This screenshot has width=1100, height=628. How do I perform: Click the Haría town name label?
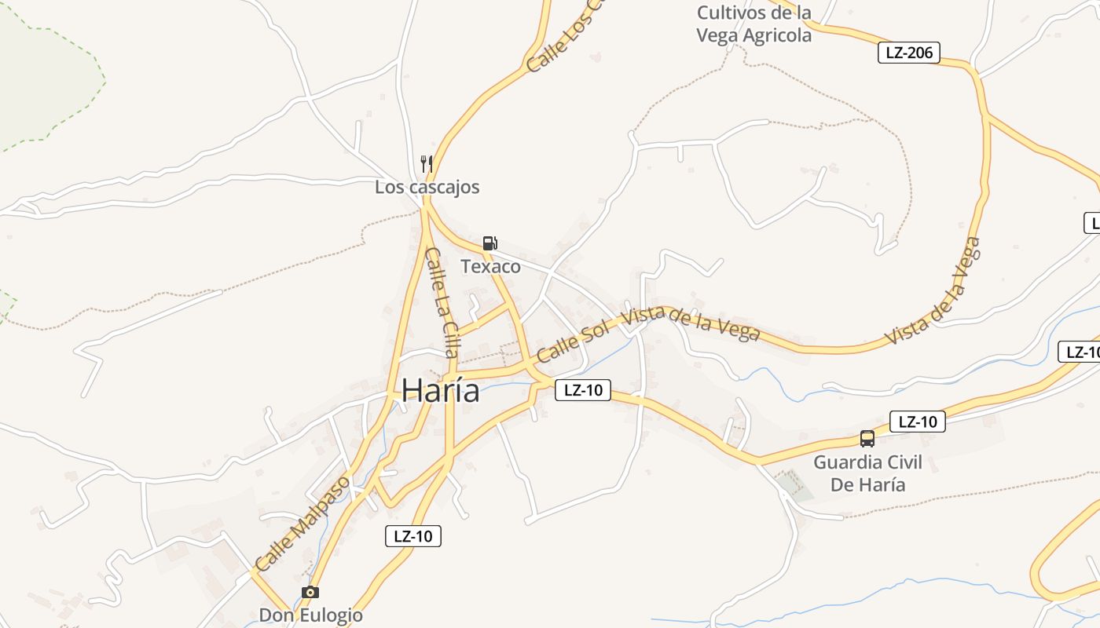click(441, 391)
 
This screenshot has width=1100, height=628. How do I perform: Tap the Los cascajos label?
click(427, 188)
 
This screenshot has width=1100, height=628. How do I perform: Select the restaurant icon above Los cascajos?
click(427, 164)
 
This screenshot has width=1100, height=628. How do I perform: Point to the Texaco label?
click(490, 267)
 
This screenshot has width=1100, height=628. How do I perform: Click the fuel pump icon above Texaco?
click(489, 243)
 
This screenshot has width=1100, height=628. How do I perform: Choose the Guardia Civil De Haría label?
click(867, 473)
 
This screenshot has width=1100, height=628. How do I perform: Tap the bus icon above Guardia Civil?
click(867, 439)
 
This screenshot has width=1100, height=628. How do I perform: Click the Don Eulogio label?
click(311, 615)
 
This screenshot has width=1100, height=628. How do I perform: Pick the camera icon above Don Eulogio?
click(310, 592)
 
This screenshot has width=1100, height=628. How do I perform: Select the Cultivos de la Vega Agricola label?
click(754, 24)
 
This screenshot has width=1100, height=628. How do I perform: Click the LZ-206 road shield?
click(908, 53)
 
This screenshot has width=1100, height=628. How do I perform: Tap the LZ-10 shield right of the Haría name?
click(583, 390)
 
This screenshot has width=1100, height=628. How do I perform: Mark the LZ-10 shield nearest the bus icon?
click(917, 422)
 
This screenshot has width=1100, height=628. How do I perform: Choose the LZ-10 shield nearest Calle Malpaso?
click(413, 536)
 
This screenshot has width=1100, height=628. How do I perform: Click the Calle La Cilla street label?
click(441, 302)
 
